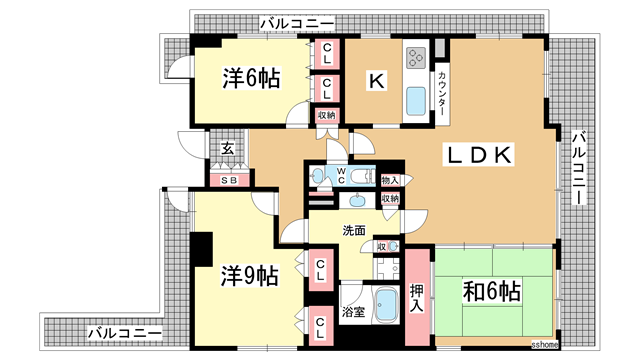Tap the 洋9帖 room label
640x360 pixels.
click(249, 274)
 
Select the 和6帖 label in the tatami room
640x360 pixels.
click(491, 292)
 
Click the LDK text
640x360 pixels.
click(479, 154)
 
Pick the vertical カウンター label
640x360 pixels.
click(441, 94)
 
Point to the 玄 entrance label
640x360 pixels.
click(227, 149)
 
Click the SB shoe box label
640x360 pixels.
click(229, 180)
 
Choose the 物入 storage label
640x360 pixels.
click(391, 180)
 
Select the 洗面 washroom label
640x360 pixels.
click(354, 230)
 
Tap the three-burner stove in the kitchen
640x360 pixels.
click(417, 53)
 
